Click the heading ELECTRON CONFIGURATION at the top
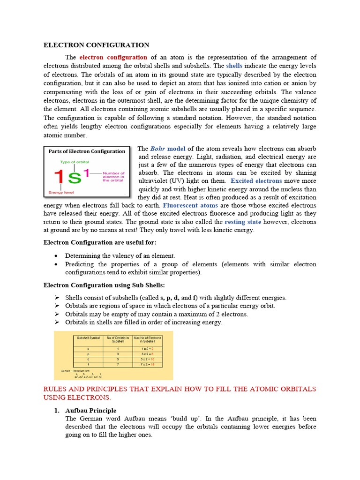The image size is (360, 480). pyautogui.click(x=96, y=45)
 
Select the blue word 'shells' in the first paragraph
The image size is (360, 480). pyautogui.click(x=234, y=66)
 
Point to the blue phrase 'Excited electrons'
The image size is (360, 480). pyautogui.click(x=256, y=181)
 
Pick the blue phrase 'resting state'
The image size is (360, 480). pyautogui.click(x=243, y=222)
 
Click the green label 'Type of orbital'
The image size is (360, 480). pyautogui.click(x=61, y=162)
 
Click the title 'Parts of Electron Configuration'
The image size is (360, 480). pyautogui.click(x=87, y=151)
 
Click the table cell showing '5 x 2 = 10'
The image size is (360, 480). pyautogui.click(x=147, y=359)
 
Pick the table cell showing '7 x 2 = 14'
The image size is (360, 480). pyautogui.click(x=147, y=365)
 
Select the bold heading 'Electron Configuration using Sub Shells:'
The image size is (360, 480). pyautogui.click(x=104, y=285)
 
